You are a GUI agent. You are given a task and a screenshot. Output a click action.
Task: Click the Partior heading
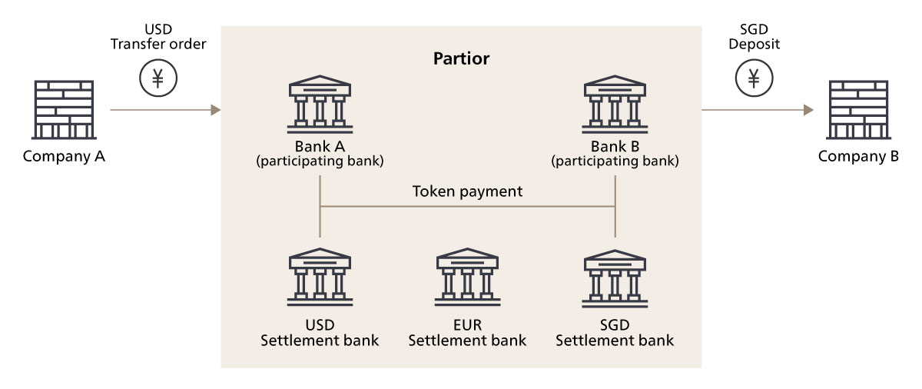(x=461, y=58)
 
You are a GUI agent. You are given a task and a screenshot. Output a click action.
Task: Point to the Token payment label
(x=467, y=191)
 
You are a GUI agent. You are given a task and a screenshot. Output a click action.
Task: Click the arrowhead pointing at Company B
(x=808, y=111)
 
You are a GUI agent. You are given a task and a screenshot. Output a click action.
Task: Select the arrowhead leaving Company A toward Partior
(x=216, y=111)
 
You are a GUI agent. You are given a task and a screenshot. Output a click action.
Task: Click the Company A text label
(x=63, y=157)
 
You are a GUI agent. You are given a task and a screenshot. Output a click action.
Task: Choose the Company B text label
(x=857, y=157)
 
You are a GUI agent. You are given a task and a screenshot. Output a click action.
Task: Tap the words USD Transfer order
(x=158, y=37)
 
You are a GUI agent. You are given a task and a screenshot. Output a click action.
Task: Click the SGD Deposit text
(x=754, y=37)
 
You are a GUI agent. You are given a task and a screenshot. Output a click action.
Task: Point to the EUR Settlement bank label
(x=467, y=331)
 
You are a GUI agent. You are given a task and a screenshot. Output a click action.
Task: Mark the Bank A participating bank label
(x=319, y=153)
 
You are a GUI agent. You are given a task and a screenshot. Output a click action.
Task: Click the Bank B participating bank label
(x=614, y=153)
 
